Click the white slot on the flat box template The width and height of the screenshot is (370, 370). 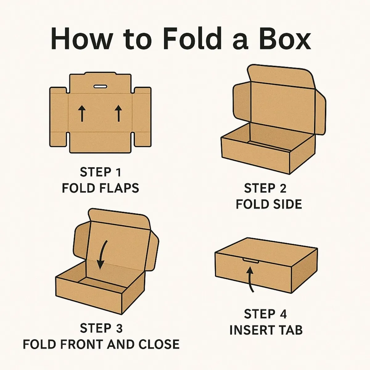pyautogui.click(x=100, y=87)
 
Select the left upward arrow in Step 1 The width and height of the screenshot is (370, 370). pyautogui.click(x=82, y=113)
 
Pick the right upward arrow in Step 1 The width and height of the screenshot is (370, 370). pyautogui.click(x=118, y=113)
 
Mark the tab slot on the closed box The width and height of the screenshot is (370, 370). pyautogui.click(x=251, y=261)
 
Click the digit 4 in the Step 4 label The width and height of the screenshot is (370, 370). pyautogui.click(x=283, y=314)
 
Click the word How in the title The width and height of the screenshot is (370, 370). pyautogui.click(x=81, y=38)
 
